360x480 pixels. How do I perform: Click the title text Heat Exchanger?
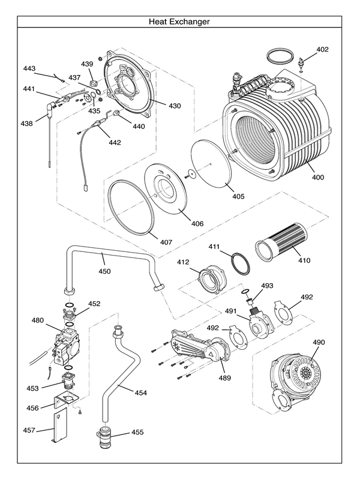[179, 22]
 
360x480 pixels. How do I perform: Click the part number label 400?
[318, 178]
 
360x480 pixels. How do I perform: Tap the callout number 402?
[322, 49]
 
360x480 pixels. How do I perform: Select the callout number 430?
[174, 106]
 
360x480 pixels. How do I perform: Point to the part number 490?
[319, 342]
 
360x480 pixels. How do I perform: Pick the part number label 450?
[104, 271]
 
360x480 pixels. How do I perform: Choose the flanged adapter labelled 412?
[212, 280]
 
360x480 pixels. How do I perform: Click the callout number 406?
[197, 223]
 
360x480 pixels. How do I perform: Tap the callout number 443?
[29, 69]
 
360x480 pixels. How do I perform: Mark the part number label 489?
[224, 378]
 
